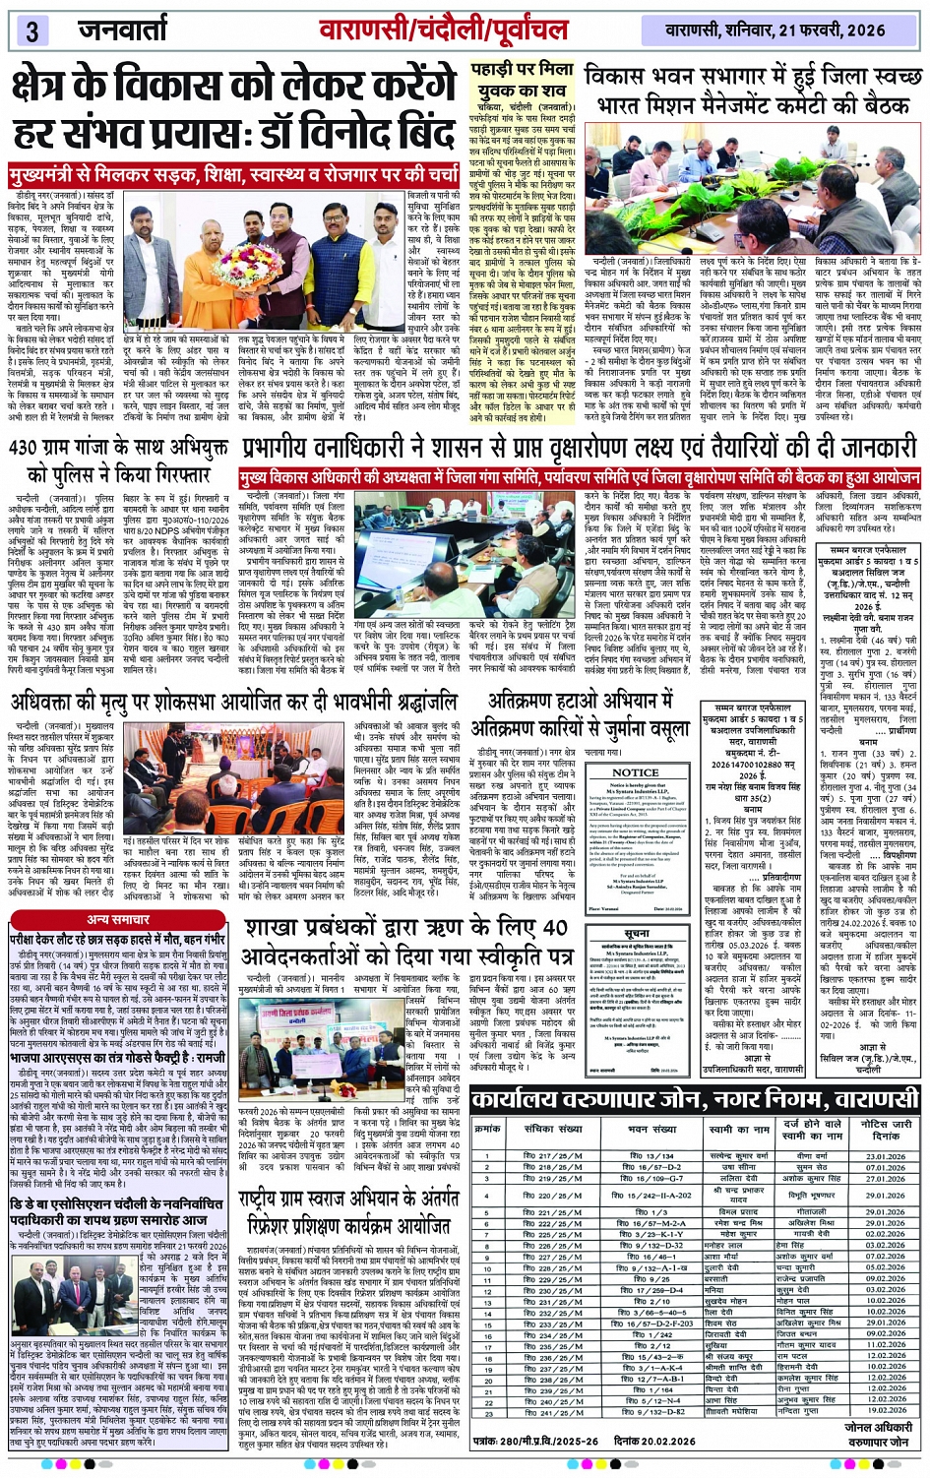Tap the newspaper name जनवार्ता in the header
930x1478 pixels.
click(123, 29)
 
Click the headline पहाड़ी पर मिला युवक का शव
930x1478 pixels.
click(519, 78)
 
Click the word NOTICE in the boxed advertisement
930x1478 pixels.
click(636, 772)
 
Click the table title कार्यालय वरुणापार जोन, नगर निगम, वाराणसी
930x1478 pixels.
click(695, 1099)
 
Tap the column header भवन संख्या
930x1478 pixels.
click(652, 1129)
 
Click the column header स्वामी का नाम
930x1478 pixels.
click(732, 1129)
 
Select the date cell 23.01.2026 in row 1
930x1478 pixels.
click(885, 1156)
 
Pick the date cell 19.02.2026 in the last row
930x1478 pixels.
click(885, 1410)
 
